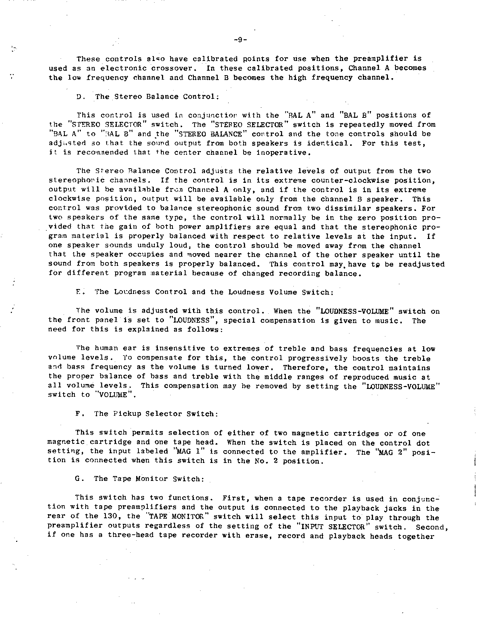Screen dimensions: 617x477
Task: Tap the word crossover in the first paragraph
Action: pyautogui.click(x=174, y=68)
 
